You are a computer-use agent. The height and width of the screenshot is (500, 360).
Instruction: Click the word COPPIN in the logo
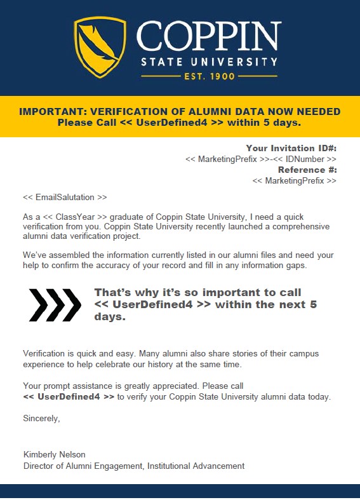click(x=209, y=37)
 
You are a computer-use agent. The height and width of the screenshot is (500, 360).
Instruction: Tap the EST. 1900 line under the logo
click(x=209, y=76)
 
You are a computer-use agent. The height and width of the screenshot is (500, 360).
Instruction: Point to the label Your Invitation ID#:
click(x=291, y=148)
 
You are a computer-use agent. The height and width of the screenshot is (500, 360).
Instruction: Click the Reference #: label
click(x=307, y=170)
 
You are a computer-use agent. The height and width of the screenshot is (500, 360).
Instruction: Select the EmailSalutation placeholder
click(x=65, y=197)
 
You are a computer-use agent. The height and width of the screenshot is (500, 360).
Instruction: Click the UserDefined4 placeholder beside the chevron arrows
click(x=152, y=304)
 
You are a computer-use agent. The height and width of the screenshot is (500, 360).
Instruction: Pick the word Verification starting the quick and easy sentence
click(x=46, y=353)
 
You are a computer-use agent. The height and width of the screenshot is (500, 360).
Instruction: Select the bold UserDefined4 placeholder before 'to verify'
click(x=69, y=396)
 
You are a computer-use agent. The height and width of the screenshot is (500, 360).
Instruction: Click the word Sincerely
click(x=41, y=418)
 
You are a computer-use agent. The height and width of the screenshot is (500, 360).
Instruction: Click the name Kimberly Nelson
click(x=54, y=455)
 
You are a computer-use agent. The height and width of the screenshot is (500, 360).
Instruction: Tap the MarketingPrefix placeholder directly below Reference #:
click(x=295, y=180)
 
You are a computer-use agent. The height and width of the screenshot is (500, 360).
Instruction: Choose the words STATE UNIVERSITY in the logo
click(x=209, y=62)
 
